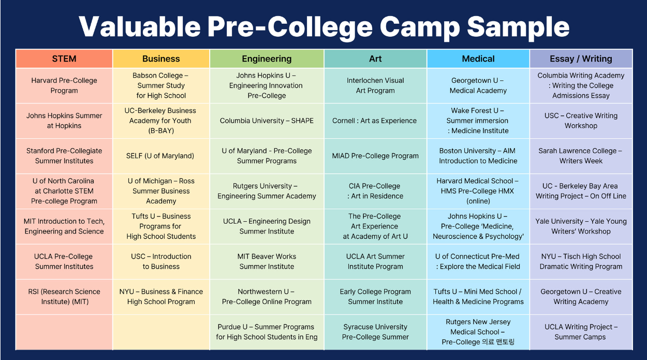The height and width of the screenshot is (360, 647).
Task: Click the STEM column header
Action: pyautogui.click(x=64, y=59)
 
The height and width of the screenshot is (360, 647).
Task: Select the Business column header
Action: pyautogui.click(x=161, y=59)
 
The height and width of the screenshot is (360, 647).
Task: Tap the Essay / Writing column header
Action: pyautogui.click(x=581, y=59)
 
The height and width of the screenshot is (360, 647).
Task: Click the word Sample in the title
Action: pyautogui.click(x=518, y=26)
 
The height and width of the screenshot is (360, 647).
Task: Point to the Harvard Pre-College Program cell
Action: pyautogui.click(x=64, y=85)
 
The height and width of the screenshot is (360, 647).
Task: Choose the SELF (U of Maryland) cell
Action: pyautogui.click(x=161, y=156)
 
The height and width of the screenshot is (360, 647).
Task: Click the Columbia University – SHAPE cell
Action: pyautogui.click(x=267, y=121)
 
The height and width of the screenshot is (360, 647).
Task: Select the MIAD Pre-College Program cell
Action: pyautogui.click(x=375, y=156)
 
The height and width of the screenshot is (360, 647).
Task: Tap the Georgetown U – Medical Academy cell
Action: pyautogui.click(x=478, y=85)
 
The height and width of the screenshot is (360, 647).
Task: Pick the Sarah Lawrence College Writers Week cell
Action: pyautogui.click(x=581, y=156)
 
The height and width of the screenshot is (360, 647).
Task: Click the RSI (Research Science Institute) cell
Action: pyautogui.click(x=64, y=297)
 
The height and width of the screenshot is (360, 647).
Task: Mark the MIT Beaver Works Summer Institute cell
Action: pyautogui.click(x=267, y=262)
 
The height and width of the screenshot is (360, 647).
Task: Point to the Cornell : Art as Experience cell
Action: pyautogui.click(x=375, y=121)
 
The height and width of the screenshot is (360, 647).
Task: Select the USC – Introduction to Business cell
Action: pyautogui.click(x=161, y=262)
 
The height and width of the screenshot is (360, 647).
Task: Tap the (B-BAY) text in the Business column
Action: pyautogui.click(x=161, y=131)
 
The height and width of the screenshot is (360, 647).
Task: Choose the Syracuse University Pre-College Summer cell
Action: pyautogui.click(x=375, y=332)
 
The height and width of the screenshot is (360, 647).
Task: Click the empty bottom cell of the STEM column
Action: pyautogui.click(x=64, y=332)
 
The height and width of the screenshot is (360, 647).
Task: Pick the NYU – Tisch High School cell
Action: pyautogui.click(x=581, y=262)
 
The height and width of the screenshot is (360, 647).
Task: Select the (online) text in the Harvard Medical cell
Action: pyautogui.click(x=478, y=201)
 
